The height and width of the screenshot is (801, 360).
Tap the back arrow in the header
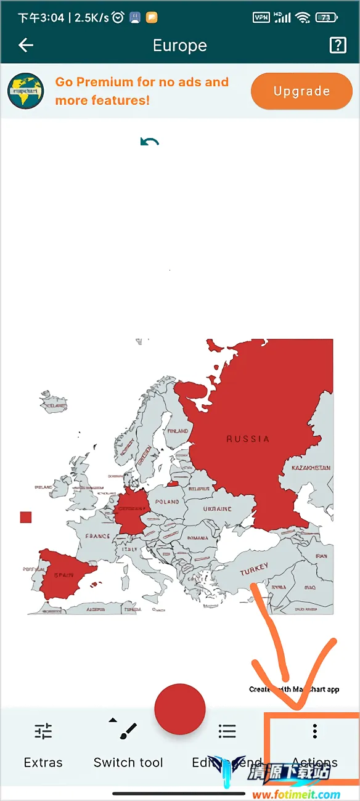[x=26, y=45]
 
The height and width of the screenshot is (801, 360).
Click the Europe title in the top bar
[x=180, y=46]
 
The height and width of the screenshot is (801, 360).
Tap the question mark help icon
[x=338, y=45]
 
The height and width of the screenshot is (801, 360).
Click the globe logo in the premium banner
[x=26, y=91]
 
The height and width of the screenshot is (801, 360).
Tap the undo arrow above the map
[x=150, y=142]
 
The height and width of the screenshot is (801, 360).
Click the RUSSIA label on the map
[x=248, y=439]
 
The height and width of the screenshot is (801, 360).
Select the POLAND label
[x=167, y=502]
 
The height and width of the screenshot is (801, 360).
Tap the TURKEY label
[x=254, y=569]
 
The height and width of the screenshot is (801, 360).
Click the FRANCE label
[x=97, y=536]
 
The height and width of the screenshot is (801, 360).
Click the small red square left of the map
[x=26, y=517]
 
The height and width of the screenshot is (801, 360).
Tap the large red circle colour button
[x=179, y=709]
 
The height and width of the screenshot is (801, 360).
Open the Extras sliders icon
[x=43, y=731]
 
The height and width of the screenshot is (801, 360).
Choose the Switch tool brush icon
[x=128, y=731]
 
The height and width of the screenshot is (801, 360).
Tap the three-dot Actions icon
[x=314, y=731]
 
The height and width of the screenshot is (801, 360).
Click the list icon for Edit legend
[x=227, y=731]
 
